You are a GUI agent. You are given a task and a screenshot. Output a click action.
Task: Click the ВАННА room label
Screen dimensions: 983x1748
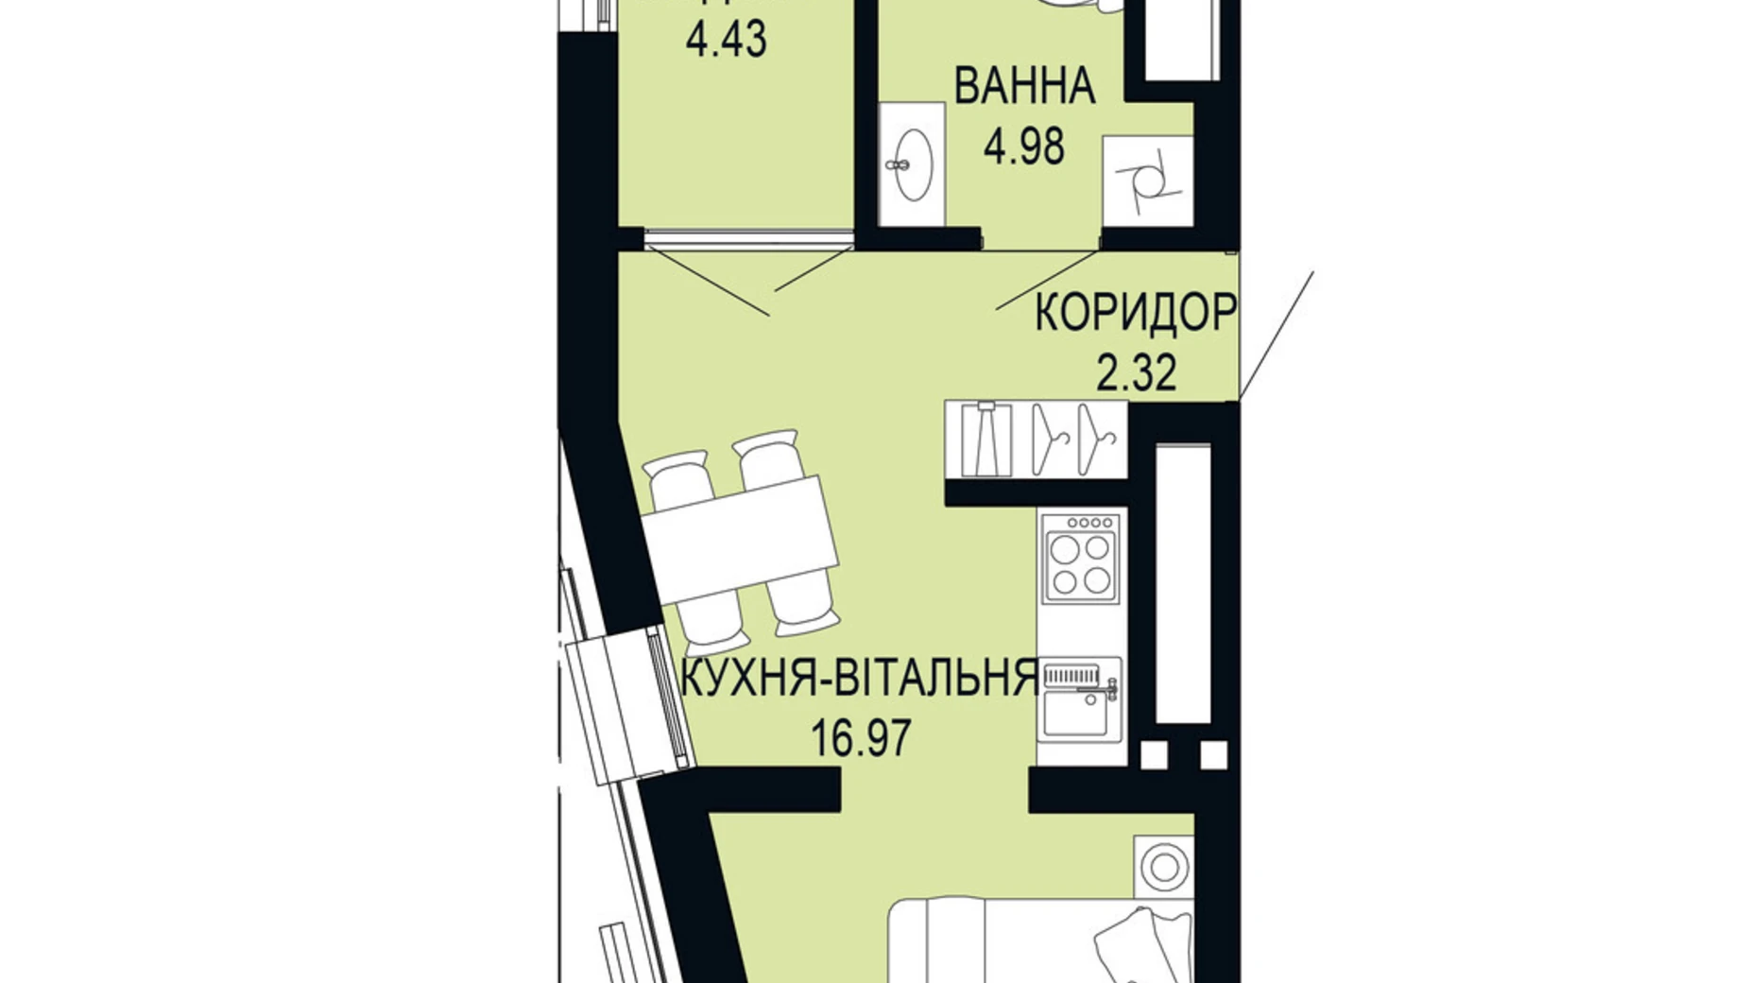(x=1024, y=87)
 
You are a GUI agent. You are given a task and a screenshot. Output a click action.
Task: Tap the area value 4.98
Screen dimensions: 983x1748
(x=1024, y=147)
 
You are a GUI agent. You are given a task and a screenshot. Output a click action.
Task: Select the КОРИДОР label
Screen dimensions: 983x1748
(x=1135, y=313)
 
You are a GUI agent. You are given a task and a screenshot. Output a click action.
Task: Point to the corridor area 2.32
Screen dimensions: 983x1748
(x=1136, y=373)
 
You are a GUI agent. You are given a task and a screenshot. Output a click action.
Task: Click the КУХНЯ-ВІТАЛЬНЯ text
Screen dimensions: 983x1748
(x=859, y=678)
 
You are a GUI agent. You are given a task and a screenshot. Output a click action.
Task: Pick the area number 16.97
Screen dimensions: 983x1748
(x=862, y=738)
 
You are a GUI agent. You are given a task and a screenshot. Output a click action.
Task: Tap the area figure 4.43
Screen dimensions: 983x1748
(x=726, y=40)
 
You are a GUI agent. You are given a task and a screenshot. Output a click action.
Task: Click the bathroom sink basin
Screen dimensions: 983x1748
(x=913, y=165)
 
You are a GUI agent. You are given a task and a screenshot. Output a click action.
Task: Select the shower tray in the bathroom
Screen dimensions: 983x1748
(x=1147, y=181)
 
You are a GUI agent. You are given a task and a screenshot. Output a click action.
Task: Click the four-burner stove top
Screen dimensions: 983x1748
(x=1081, y=560)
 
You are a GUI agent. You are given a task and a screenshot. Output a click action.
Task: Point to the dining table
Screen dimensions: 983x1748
(x=740, y=540)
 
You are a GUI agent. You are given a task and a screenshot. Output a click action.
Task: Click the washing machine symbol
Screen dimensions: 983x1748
(x=1163, y=866)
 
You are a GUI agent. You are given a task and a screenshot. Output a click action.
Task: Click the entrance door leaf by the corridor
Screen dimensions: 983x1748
(x=1276, y=335)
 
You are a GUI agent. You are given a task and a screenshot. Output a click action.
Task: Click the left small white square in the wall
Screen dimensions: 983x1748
(x=1153, y=754)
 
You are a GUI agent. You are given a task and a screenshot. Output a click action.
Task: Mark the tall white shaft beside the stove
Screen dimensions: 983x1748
(x=1182, y=582)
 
